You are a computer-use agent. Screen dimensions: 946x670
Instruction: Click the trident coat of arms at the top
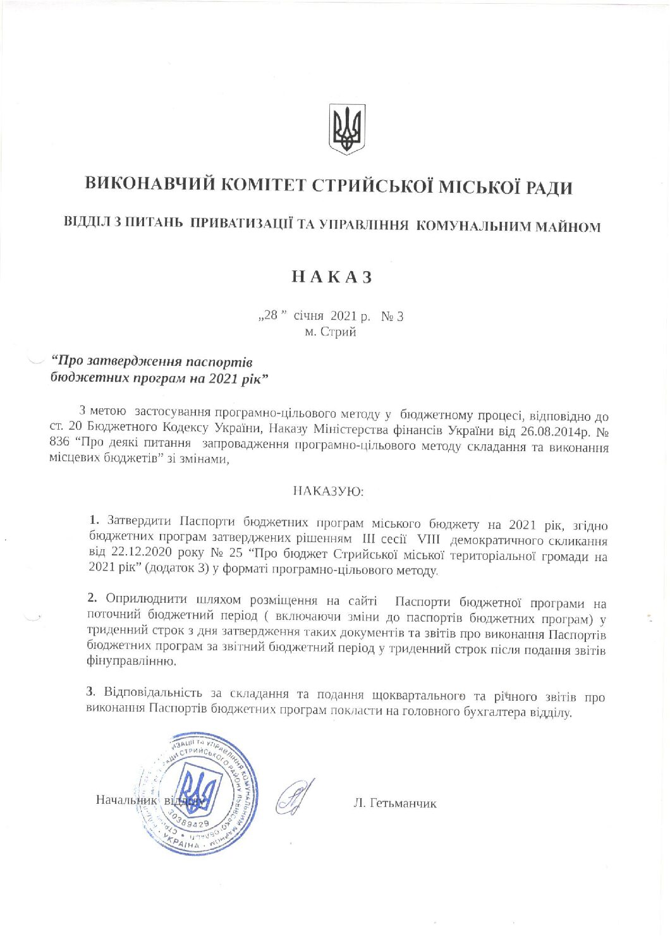point(346,130)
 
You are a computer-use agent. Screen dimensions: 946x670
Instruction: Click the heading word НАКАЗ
point(331,277)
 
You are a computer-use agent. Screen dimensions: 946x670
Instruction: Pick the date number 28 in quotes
point(271,315)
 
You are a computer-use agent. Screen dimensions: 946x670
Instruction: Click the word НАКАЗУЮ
point(328,490)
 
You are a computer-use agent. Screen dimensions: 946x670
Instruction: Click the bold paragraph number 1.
point(94,521)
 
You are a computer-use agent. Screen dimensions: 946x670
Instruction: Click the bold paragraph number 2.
point(92,598)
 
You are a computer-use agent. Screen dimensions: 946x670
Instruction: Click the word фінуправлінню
point(130,662)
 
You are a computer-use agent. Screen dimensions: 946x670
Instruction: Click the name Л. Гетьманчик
point(394,804)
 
